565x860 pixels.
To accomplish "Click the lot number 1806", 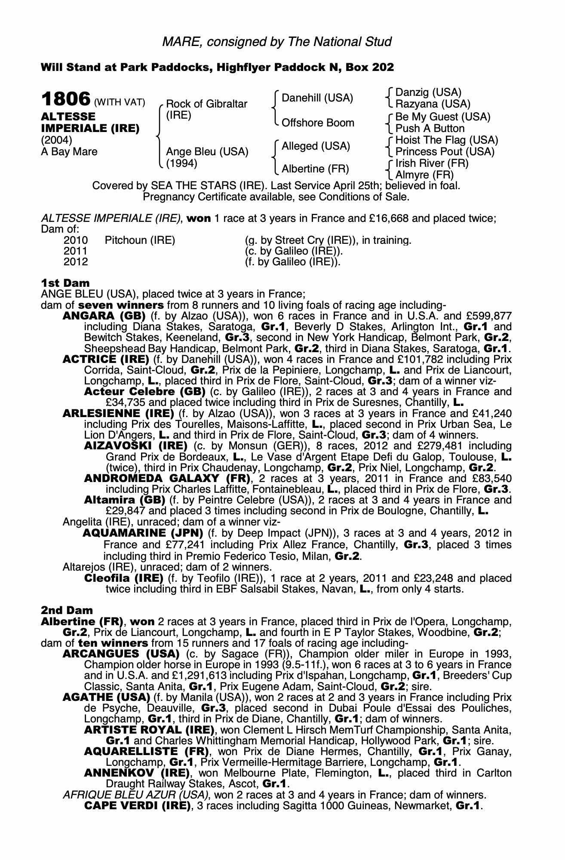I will click(65, 99).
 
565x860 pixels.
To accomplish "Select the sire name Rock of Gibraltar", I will click(206, 104).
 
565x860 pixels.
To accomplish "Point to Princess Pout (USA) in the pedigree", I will click(445, 152).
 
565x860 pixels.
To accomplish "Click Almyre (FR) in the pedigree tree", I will click(424, 175).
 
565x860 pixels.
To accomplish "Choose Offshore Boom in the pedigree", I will click(318, 123).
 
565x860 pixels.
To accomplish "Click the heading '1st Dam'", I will click(65, 283).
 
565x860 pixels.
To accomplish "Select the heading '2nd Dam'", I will click(67, 610).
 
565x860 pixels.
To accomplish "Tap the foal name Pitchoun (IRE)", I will click(140, 240).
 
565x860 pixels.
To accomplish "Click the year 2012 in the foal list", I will click(75, 261).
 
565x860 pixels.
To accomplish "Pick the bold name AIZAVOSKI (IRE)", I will click(136, 445).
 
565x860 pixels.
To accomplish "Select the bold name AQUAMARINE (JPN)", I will click(143, 534).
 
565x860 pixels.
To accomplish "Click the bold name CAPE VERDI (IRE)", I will click(137, 805).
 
